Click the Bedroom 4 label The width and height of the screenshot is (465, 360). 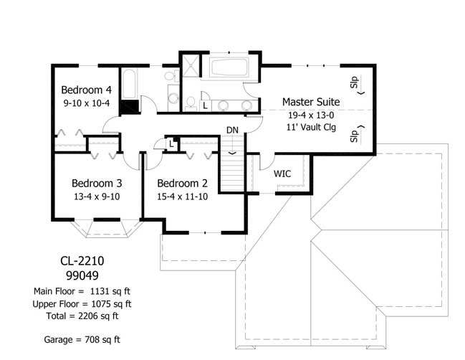[86, 90]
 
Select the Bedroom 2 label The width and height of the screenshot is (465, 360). [183, 183]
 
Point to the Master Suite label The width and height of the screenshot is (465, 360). [311, 102]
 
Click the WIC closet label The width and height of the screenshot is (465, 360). [282, 174]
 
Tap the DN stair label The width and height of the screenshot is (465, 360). [232, 130]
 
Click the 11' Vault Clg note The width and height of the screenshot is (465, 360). [311, 127]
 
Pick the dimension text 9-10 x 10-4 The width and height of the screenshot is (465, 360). [86, 103]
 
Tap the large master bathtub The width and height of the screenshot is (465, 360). [229, 70]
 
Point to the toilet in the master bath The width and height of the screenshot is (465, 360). [190, 105]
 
